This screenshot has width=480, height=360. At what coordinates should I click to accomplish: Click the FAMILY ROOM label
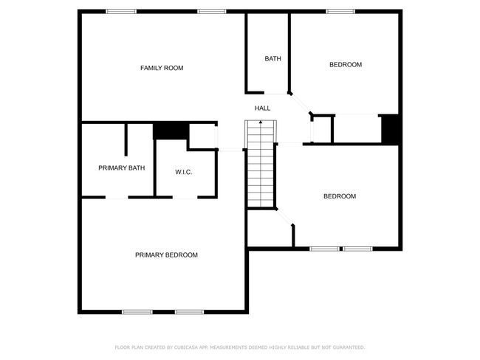(x=162, y=68)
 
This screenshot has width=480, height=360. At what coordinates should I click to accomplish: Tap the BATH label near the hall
(x=272, y=58)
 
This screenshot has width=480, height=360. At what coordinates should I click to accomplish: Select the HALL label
(x=262, y=108)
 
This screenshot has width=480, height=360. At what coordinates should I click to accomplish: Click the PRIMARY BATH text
(x=122, y=168)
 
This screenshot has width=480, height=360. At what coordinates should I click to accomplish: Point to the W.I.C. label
(x=184, y=172)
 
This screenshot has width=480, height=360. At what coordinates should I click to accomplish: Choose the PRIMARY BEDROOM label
(x=166, y=255)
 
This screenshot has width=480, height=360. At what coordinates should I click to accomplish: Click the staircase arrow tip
(x=261, y=122)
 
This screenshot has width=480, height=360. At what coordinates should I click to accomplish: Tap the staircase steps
(x=261, y=164)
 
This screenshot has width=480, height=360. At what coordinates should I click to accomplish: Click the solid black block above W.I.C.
(x=171, y=131)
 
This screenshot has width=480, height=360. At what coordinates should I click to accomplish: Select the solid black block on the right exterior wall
(x=390, y=128)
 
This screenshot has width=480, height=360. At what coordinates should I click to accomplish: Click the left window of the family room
(x=121, y=12)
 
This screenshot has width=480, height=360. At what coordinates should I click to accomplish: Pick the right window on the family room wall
(x=211, y=12)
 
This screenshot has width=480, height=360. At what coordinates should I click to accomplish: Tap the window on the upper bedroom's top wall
(x=340, y=12)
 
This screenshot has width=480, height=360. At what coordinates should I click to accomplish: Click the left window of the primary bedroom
(x=137, y=312)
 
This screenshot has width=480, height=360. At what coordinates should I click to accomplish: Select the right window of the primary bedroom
(x=190, y=312)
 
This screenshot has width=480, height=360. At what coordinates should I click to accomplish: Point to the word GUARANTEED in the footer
(x=349, y=347)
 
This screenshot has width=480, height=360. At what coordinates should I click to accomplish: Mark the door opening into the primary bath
(x=117, y=198)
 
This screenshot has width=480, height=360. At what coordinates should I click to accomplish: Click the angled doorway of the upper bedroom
(x=301, y=103)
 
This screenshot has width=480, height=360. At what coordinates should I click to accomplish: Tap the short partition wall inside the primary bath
(x=126, y=139)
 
